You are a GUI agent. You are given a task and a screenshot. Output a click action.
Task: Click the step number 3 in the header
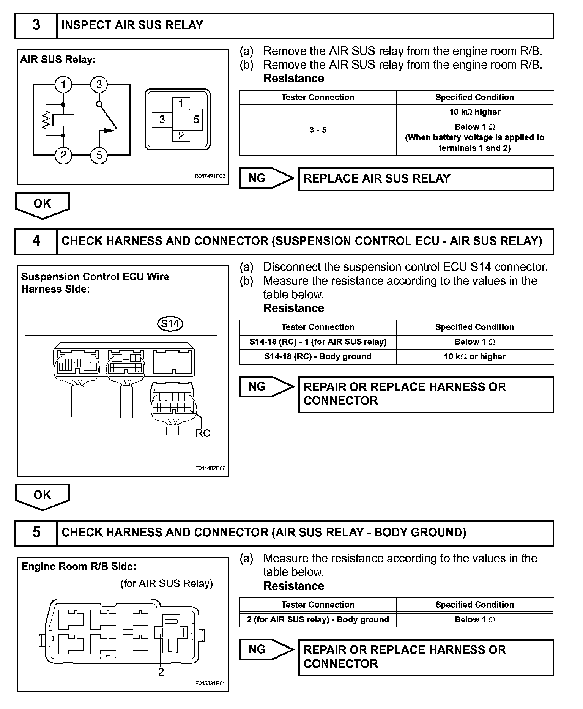pyautogui.click(x=36, y=25)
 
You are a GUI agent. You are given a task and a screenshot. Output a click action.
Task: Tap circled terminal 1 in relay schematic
pyautogui.click(x=63, y=84)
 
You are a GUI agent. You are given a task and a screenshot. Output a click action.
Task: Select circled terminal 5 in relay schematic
pyautogui.click(x=99, y=155)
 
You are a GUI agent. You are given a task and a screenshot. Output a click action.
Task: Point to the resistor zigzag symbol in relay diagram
pyautogui.click(x=46, y=120)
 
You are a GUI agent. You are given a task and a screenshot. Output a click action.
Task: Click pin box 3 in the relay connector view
pyautogui.click(x=162, y=120)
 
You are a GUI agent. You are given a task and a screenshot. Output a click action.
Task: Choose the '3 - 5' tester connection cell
pyautogui.click(x=318, y=130)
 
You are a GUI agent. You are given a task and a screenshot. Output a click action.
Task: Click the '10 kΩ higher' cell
pyautogui.click(x=474, y=112)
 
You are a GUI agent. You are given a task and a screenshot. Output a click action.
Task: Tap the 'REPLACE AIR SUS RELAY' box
pyautogui.click(x=425, y=179)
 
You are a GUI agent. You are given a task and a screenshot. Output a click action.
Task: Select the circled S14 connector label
pyautogui.click(x=170, y=324)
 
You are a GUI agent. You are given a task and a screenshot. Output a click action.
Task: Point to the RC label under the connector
pyautogui.click(x=203, y=433)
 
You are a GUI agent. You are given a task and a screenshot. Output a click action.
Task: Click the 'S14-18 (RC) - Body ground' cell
pyautogui.click(x=318, y=357)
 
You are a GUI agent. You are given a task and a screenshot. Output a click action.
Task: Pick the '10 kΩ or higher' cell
pyautogui.click(x=474, y=357)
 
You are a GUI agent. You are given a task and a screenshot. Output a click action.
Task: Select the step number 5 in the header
pyautogui.click(x=36, y=532)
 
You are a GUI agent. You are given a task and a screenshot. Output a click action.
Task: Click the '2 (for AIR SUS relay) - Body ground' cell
pyautogui.click(x=318, y=620)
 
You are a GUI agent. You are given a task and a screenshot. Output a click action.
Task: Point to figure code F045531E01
pyautogui.click(x=210, y=684)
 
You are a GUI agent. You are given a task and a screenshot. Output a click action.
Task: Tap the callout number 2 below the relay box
pyautogui.click(x=161, y=672)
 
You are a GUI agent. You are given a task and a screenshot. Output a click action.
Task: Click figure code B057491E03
pyautogui.click(x=210, y=176)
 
